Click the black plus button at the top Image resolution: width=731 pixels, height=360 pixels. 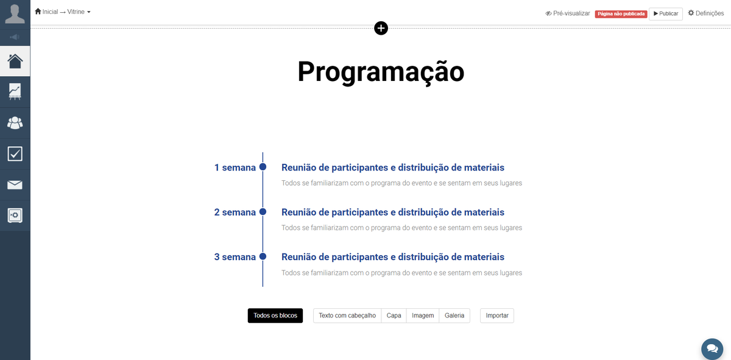[x=381, y=28]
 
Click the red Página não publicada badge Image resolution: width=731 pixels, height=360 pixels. [x=621, y=14]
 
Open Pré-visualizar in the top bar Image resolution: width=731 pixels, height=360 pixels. [x=568, y=13]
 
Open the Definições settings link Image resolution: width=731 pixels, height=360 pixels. [x=706, y=13]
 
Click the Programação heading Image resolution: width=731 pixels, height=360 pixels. [x=381, y=72]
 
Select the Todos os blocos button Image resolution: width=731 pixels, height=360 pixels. [x=275, y=316]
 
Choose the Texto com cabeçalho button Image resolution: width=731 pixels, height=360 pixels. [x=347, y=316]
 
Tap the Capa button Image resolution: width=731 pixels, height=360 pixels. [x=394, y=316]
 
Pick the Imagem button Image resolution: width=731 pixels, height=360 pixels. [x=423, y=316]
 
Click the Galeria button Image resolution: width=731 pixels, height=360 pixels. [x=454, y=316]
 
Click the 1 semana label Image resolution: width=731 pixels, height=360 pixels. [x=235, y=168]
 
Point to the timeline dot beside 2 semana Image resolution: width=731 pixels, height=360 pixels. [x=263, y=212]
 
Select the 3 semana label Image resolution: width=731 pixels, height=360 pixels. [x=235, y=257]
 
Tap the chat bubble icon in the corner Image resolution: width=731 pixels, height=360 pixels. [x=712, y=349]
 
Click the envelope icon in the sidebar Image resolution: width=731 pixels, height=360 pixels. [x=15, y=185]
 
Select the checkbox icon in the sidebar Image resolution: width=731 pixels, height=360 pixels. [x=15, y=154]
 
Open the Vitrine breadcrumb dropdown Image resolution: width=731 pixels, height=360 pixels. [x=79, y=12]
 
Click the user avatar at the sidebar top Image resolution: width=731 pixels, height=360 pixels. [x=15, y=14]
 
